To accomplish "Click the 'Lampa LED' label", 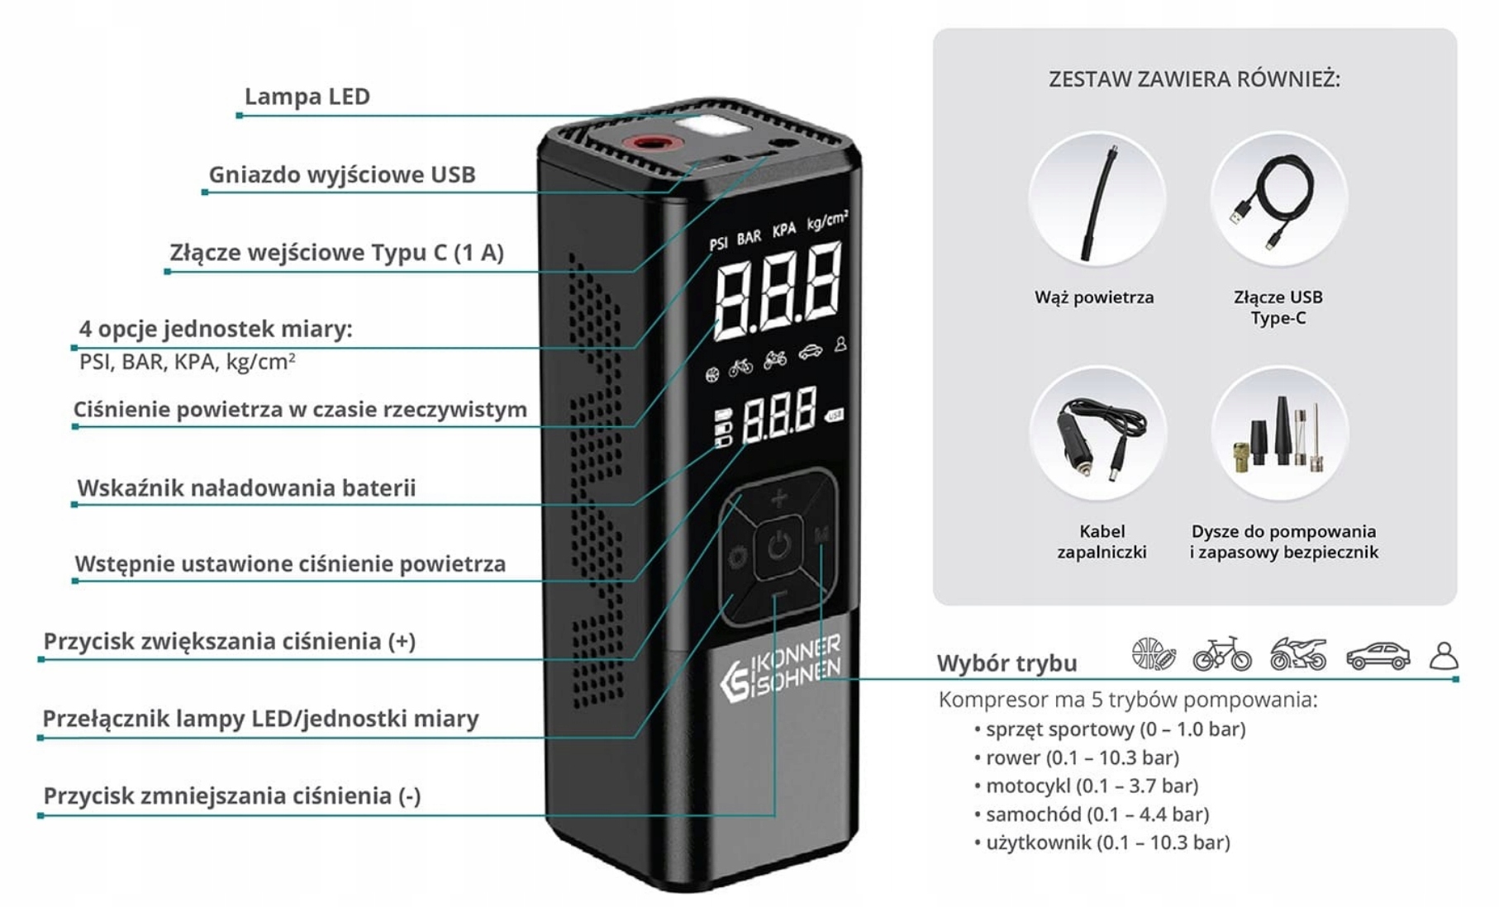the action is click(x=307, y=97).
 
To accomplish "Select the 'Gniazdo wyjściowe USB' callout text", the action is click(x=341, y=175).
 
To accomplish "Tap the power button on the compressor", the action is click(x=778, y=545).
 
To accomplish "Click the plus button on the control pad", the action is click(x=779, y=498).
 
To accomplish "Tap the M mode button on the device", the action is click(x=821, y=535).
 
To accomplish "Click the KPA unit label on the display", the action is click(x=783, y=230).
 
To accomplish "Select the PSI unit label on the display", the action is click(x=718, y=243).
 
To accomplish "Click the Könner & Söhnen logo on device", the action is click(x=779, y=668).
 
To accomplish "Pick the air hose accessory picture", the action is click(x=1097, y=201).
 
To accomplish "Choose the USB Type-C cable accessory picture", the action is click(x=1278, y=201).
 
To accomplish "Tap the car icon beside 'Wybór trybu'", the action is click(x=1378, y=657).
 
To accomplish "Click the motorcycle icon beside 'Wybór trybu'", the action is click(x=1297, y=654).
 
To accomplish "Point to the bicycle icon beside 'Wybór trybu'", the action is click(x=1221, y=654).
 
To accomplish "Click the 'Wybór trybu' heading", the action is click(x=1006, y=663).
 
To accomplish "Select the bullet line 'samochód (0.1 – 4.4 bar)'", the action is click(x=1097, y=814).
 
